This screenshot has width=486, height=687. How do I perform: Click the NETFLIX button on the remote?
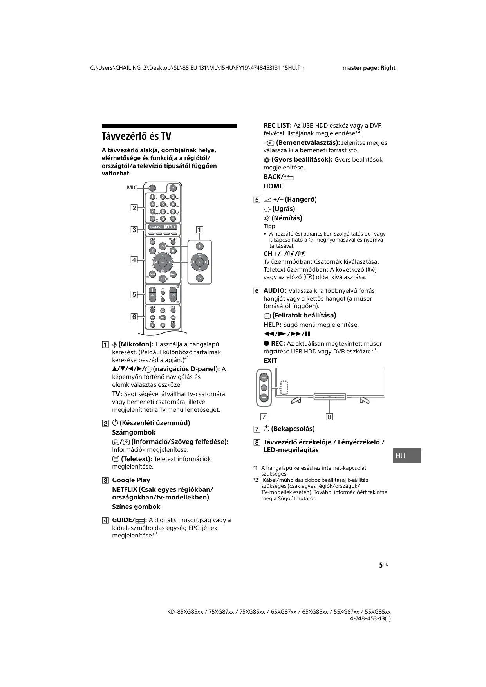[170, 227]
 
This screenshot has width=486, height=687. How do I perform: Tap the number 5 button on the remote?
[163, 204]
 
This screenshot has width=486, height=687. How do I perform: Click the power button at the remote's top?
[173, 188]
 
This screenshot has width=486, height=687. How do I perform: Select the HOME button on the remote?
[173, 274]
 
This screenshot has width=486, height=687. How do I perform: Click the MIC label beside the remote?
[132, 188]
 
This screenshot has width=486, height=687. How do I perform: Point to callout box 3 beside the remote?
[134, 230]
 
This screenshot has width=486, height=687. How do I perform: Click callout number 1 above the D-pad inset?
[200, 230]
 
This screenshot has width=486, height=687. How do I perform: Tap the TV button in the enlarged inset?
[200, 278]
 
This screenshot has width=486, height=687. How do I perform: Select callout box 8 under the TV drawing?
[329, 417]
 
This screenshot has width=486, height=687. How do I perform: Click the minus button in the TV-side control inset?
[264, 398]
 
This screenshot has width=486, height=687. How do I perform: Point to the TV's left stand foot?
[296, 400]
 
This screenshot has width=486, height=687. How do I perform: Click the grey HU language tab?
[407, 456]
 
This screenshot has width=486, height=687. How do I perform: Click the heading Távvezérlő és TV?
[136, 137]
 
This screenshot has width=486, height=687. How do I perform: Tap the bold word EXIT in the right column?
[270, 361]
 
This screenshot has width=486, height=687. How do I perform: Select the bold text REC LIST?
[277, 126]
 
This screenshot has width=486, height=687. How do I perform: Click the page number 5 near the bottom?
[381, 565]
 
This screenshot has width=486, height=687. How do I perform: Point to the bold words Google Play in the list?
[131, 480]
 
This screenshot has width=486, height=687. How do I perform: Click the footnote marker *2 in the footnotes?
[255, 480]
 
